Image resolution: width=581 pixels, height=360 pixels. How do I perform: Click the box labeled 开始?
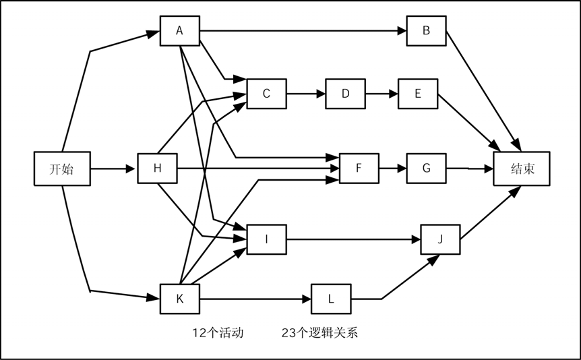coord(62,169)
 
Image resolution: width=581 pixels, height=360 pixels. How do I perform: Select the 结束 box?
coord(522,169)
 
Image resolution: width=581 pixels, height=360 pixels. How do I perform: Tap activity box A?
coord(179,30)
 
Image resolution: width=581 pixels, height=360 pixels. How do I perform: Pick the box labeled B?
coord(426,30)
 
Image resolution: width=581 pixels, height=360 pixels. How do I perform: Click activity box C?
coord(266,94)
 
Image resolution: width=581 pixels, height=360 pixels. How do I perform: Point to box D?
coord(345,94)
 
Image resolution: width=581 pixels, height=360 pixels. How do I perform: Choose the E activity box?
coord(418,94)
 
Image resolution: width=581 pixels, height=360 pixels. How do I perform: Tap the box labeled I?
coord(266,239)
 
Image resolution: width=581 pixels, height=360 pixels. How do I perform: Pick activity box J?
coord(440,239)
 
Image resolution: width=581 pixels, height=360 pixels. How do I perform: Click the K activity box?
coord(179,299)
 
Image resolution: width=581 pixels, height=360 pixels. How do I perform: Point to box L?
coord(331,299)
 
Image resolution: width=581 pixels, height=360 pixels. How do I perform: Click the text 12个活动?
coord(217,332)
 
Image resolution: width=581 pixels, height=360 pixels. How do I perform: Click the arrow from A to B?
coord(303,30)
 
